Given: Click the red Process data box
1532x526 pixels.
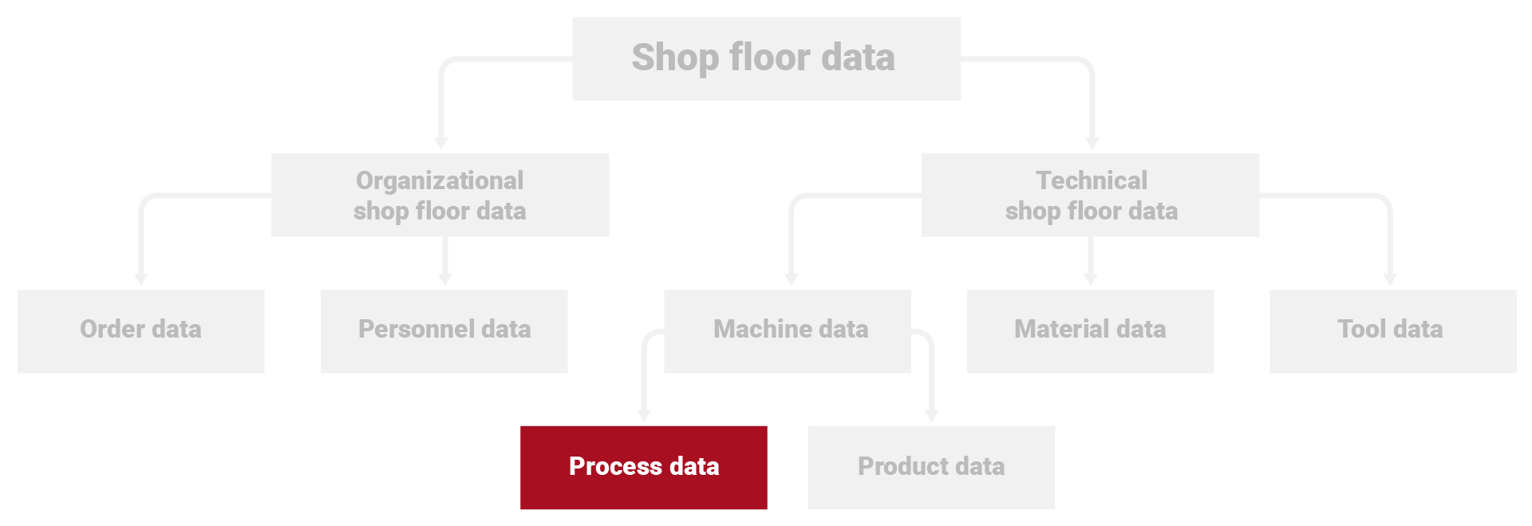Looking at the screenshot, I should (643, 467).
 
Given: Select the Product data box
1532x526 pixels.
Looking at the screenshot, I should (930, 467).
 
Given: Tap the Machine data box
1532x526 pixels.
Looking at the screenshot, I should (788, 330).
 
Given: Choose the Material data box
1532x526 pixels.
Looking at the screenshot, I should (1090, 330).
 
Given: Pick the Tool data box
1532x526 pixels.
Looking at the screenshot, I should (1392, 330).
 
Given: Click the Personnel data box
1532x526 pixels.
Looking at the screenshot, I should (444, 330).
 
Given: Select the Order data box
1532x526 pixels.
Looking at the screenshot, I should (140, 330).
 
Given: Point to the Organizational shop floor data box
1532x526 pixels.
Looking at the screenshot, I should (440, 195).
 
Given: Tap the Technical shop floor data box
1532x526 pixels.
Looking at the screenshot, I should (1090, 195).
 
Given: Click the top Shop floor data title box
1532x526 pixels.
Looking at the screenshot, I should (766, 58).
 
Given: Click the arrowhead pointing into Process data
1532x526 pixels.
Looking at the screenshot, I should (644, 416).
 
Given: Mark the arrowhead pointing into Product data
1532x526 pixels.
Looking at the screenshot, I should (931, 416).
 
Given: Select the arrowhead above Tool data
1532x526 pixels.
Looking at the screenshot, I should (1390, 279).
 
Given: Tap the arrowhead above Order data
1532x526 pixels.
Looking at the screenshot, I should (141, 279).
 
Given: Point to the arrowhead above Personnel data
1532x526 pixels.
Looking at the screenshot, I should (445, 279).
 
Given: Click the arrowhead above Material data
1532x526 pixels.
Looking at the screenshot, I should (1091, 279).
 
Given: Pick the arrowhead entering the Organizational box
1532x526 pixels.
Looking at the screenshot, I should (440, 143).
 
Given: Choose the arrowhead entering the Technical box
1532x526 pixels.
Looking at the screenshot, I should (1092, 143).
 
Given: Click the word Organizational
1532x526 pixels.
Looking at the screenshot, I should (440, 180).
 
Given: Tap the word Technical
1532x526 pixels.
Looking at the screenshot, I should (1091, 180).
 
